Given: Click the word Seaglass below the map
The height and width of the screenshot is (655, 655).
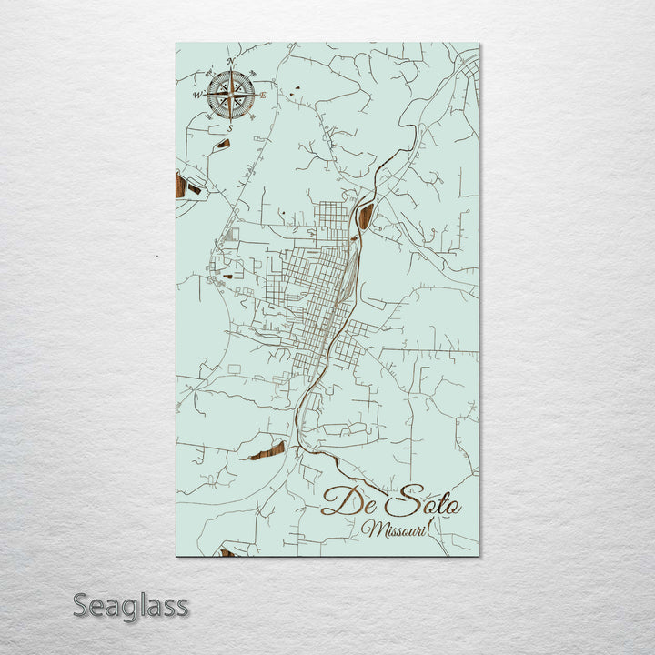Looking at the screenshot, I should pos(131,605).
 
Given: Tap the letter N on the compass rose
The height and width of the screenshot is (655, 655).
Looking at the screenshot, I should pos(231,62).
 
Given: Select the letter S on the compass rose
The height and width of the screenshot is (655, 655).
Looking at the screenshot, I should pos(230,129).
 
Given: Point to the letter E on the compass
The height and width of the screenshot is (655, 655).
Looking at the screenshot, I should pos(264,95).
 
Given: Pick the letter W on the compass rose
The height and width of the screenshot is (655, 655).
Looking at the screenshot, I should pos(196,95).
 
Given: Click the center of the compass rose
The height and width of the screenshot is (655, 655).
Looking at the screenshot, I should pos(230,95).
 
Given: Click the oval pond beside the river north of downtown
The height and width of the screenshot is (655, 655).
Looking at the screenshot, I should pos(367,216).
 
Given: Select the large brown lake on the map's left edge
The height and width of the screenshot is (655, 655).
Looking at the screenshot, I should pos(180,186).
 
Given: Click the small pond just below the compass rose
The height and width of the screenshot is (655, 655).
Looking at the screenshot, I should pos(223,143).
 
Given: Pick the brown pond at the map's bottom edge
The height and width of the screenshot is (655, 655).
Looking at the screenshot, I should pos(226,552).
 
